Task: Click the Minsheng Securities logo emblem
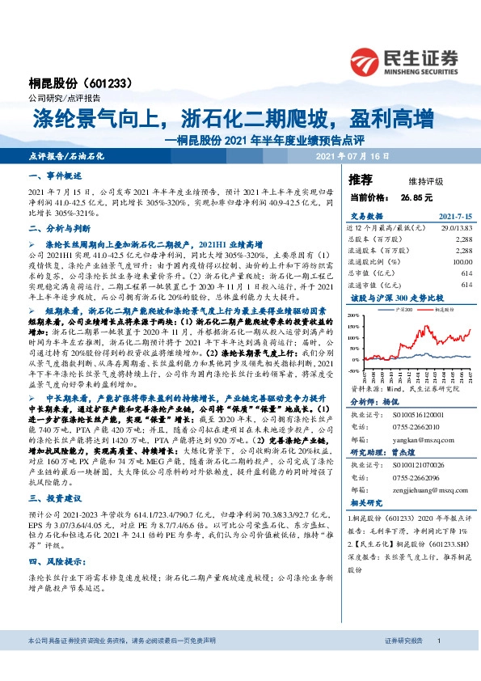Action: (367, 59)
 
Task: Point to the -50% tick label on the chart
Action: (354, 371)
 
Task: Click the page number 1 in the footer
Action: (437, 663)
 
